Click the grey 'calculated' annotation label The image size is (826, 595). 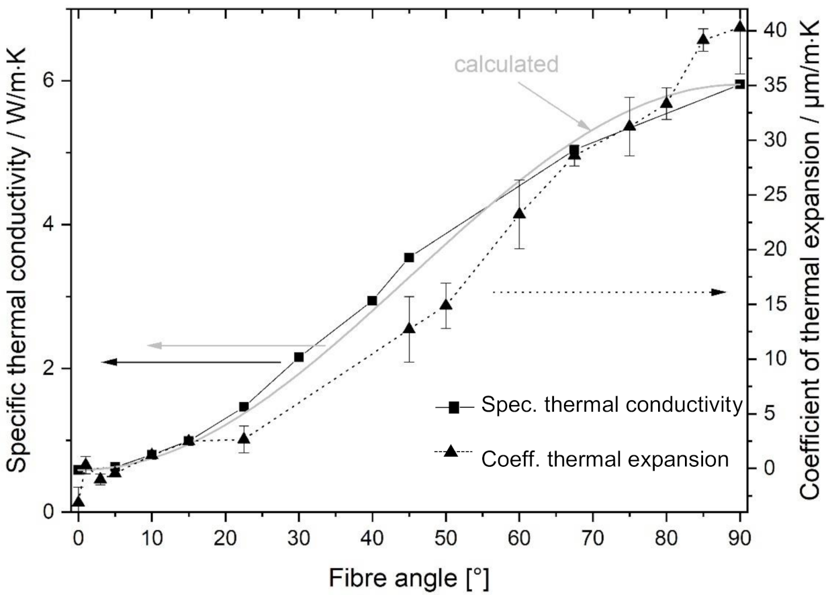(x=506, y=64)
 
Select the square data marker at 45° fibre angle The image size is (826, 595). (x=409, y=257)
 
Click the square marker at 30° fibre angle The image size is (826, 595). (x=299, y=357)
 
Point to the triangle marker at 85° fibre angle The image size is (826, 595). (x=703, y=38)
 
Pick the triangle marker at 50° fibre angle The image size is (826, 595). (x=445, y=305)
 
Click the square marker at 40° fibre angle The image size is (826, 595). (x=372, y=300)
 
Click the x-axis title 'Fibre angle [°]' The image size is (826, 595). (x=409, y=576)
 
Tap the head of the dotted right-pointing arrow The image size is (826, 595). (x=719, y=292)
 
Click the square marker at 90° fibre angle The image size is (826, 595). (x=740, y=84)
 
